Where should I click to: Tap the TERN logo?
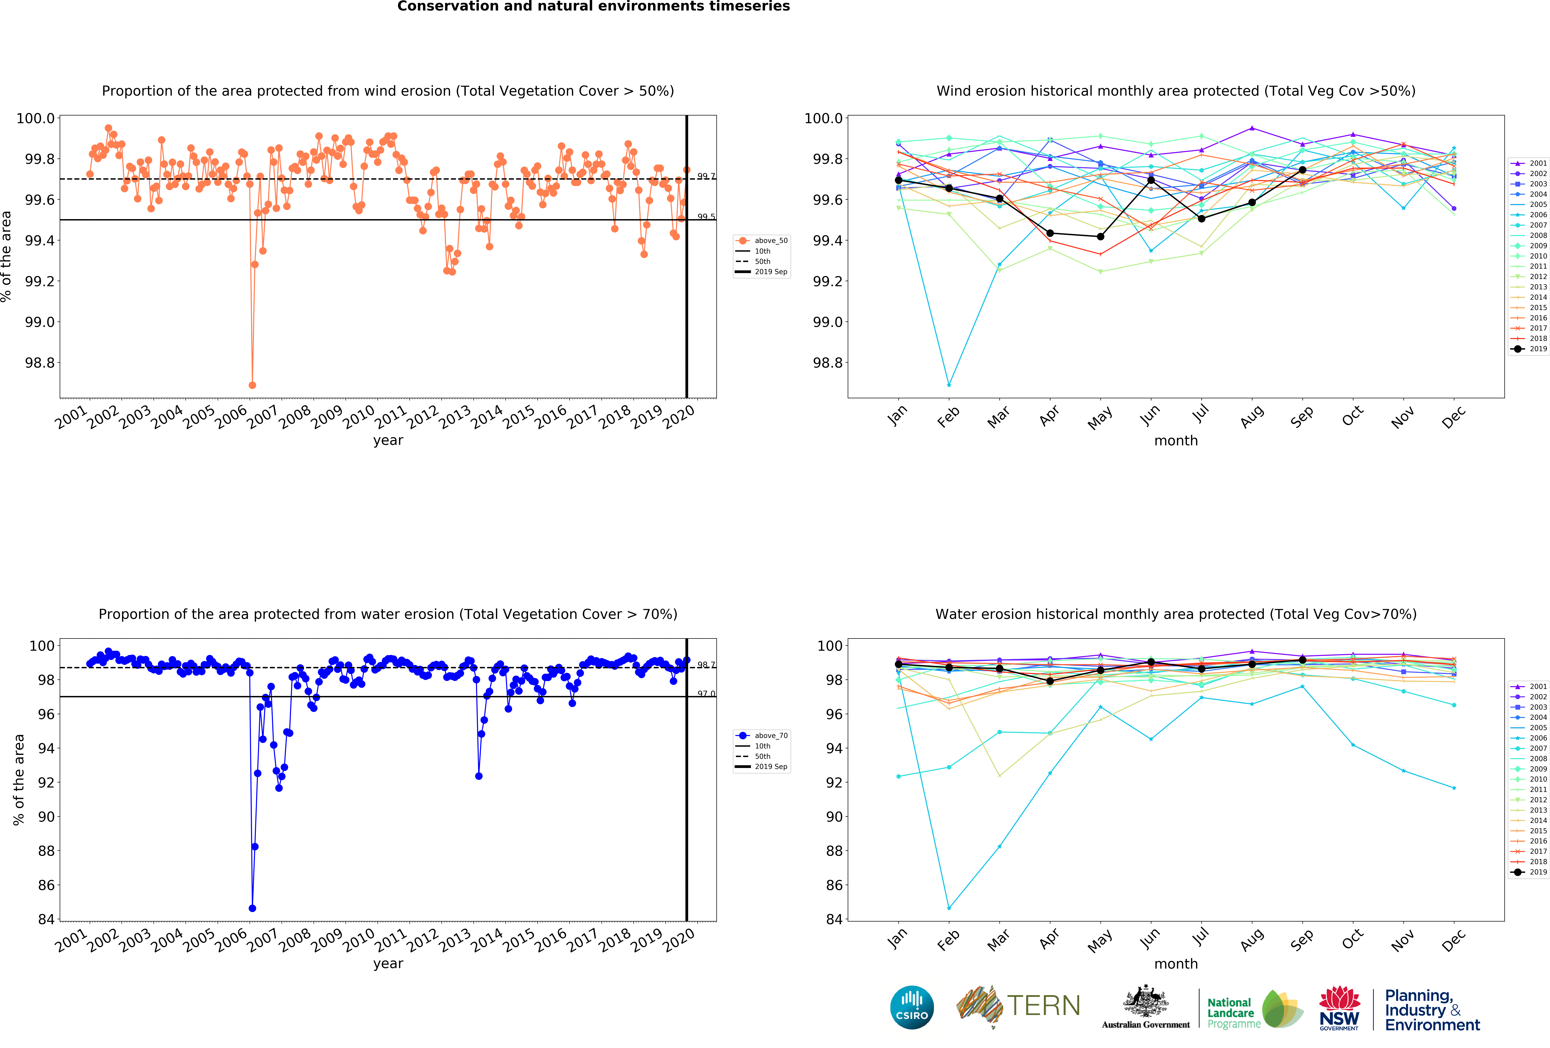[x=1018, y=1006]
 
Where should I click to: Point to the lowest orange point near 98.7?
[x=252, y=385]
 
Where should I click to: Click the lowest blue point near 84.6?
[x=252, y=908]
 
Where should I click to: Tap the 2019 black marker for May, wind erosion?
[x=1100, y=236]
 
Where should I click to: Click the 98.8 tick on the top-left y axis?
[x=39, y=363]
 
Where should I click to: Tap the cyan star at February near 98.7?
[x=949, y=385]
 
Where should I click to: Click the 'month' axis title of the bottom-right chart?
[x=1176, y=964]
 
